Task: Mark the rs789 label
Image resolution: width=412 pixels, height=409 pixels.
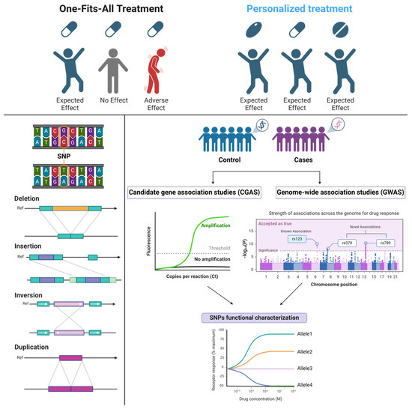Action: [x=385, y=243]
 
